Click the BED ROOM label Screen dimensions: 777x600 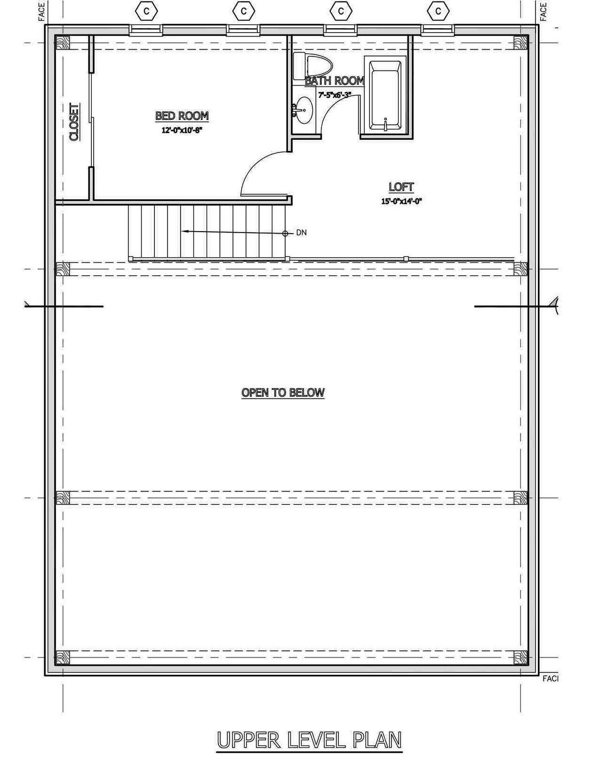point(182,116)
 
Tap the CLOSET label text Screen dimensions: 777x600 point(74,122)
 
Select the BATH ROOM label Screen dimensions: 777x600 point(334,81)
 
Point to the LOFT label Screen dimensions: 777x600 point(401,187)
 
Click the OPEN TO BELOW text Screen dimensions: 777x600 point(283,392)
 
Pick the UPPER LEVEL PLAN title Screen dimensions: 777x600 point(309,740)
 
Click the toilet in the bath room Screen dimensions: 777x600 point(313,66)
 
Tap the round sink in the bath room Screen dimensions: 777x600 point(304,110)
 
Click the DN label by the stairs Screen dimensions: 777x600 point(301,233)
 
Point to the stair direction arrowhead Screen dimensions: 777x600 point(185,232)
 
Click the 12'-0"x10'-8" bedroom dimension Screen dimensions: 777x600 point(182,130)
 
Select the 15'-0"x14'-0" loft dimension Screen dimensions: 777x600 point(401,201)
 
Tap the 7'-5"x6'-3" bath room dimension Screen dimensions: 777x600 point(334,95)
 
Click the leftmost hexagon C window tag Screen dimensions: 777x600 point(147,11)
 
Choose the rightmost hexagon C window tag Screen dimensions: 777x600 point(438,11)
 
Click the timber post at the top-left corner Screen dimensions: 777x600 point(63,43)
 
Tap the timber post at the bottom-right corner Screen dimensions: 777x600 point(520,657)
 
